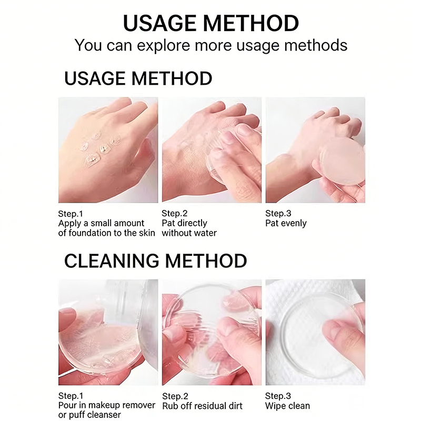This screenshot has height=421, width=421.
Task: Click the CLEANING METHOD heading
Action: [x=155, y=260]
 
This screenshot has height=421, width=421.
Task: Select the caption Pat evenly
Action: [x=286, y=223]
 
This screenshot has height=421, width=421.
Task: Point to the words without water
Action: [x=189, y=233]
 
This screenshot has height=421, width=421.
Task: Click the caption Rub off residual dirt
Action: [x=202, y=406]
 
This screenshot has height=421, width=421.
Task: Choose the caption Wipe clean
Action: [x=287, y=406]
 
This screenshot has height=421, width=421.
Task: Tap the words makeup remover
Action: [x=122, y=405]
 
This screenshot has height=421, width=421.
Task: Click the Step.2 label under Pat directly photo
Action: [x=175, y=213]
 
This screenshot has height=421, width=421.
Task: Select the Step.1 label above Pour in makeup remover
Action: [x=71, y=396]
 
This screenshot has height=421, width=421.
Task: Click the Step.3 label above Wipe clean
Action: [x=278, y=396]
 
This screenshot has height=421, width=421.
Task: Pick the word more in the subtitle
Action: [x=213, y=46]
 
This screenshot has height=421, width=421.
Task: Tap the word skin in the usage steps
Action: [x=147, y=233]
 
